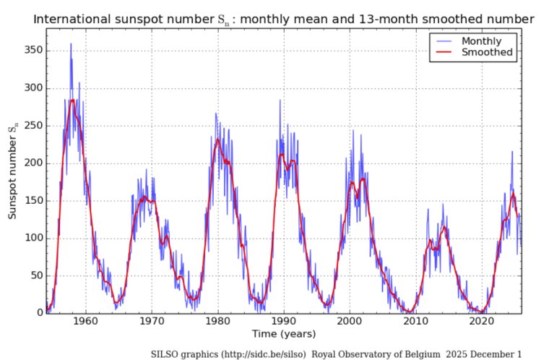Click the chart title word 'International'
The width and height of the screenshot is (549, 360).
coord(68,19)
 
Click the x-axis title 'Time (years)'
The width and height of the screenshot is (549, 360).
coord(282,334)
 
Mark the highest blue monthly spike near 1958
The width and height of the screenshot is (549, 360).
coord(70,44)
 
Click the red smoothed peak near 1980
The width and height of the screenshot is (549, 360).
coord(217,140)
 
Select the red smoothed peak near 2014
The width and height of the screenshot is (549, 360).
coord(444,228)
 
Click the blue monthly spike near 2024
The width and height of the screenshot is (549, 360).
coord(512,152)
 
